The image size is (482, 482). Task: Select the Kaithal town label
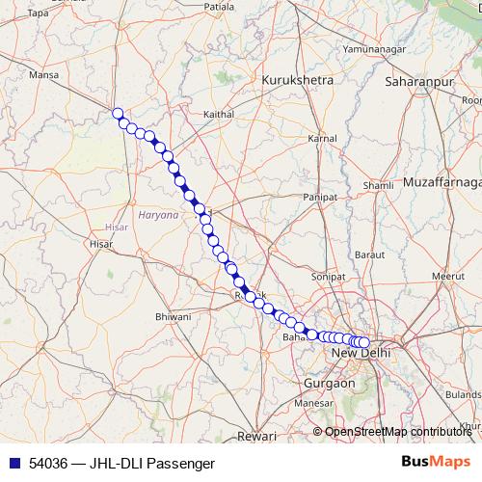(219, 114)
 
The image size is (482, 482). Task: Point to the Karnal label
(321, 139)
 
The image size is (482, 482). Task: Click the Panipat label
(320, 196)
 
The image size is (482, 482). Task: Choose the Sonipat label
(327, 276)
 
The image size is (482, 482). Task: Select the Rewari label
(256, 436)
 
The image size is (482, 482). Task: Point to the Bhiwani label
(174, 316)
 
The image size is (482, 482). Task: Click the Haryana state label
(158, 215)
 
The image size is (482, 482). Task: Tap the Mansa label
(44, 74)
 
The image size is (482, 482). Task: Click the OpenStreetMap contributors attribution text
(400, 432)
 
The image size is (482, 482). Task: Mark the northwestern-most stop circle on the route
(119, 114)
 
